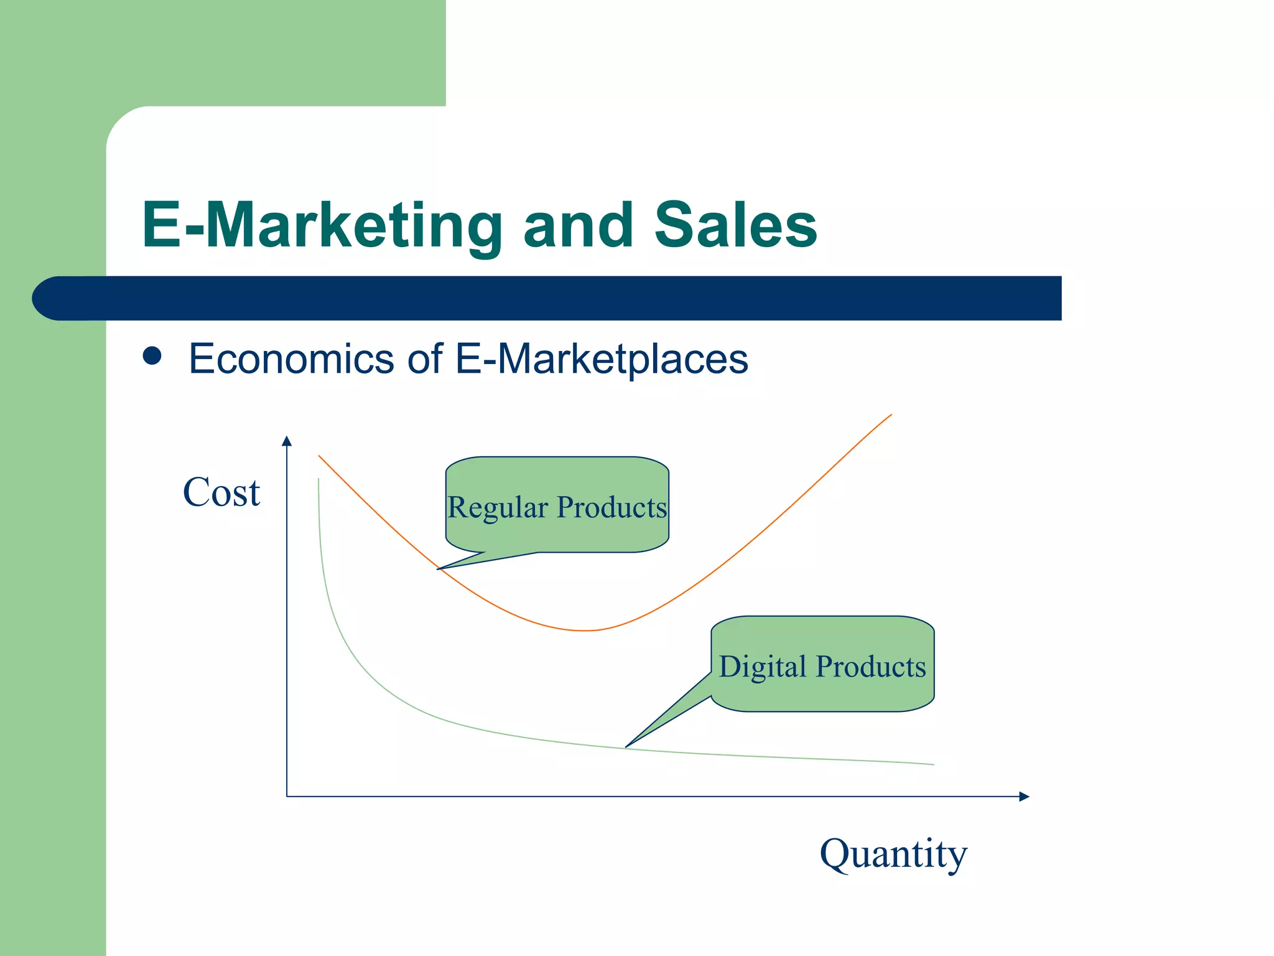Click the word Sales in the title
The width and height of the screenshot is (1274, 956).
coord(735,225)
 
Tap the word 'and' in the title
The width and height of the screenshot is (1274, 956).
coord(578,225)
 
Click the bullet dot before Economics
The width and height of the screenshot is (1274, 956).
coord(152,356)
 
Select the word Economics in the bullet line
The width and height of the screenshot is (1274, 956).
coord(291,359)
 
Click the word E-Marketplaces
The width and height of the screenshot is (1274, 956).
coord(602,359)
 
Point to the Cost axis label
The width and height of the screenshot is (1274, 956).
coord(221,492)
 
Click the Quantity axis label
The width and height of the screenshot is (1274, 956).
coord(893,854)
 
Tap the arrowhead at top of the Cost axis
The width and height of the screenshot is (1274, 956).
coord(287,441)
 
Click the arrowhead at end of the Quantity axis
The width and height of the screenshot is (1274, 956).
coord(1025,797)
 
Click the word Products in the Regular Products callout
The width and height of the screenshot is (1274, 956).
coord(611,507)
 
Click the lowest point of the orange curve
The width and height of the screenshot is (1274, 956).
coord(585,630)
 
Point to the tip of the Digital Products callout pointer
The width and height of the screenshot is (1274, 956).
coord(626,747)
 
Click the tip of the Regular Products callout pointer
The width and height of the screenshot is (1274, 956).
coord(438,569)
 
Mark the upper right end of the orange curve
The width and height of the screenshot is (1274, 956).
coord(891,415)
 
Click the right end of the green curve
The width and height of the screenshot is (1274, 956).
coord(933,764)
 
